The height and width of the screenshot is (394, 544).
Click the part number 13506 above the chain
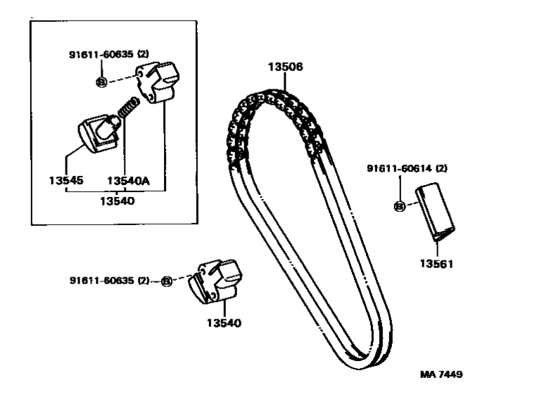285,68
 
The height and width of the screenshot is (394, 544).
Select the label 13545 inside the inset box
65,181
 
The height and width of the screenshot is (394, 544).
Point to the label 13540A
128,181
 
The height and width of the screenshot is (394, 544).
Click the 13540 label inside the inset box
116,201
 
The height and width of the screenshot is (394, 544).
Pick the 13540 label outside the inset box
223,324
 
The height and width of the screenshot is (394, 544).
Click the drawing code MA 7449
441,374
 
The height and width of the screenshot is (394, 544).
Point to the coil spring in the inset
129,110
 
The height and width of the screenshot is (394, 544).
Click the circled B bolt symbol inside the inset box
101,82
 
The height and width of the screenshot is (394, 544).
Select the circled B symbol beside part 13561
399,206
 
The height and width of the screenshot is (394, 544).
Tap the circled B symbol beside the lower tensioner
167,281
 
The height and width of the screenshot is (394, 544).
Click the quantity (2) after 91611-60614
441,169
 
